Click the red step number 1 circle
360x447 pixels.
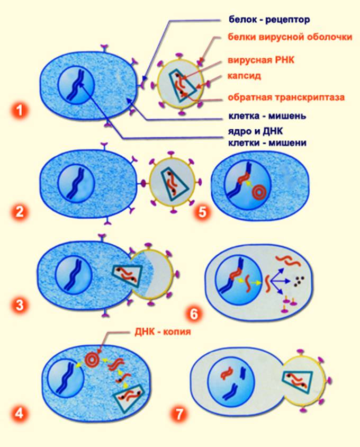20,111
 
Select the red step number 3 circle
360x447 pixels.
20,305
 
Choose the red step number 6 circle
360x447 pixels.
194,313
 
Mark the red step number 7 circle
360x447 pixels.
180,413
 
